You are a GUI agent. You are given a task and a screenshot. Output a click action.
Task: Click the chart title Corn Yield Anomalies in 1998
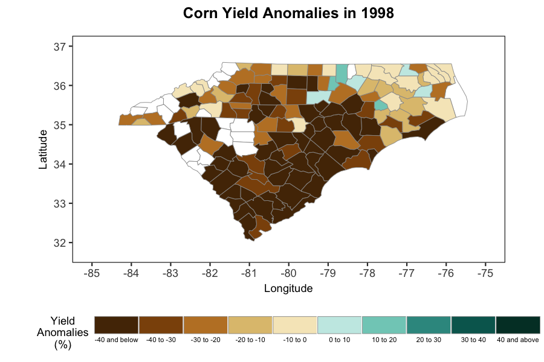(288, 13)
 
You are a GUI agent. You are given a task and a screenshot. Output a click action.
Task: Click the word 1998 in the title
(375, 13)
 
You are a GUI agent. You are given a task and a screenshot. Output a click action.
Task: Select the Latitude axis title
(43, 148)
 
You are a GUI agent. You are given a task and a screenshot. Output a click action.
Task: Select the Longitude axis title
(288, 288)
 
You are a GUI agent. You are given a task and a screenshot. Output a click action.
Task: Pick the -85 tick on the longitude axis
(92, 273)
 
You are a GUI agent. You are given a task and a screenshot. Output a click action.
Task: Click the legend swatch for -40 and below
(117, 324)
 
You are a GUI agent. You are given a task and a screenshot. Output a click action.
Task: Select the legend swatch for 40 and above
(518, 324)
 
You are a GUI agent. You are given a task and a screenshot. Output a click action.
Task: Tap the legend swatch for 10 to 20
(384, 324)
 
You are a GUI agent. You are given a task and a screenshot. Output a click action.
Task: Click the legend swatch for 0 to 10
(339, 324)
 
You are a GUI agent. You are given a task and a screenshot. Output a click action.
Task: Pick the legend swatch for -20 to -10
(250, 324)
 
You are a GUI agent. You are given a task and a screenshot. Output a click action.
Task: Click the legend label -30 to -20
(206, 340)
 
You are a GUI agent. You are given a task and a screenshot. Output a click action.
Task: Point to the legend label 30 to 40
(473, 340)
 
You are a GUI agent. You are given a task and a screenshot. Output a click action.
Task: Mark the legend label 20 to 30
(429, 340)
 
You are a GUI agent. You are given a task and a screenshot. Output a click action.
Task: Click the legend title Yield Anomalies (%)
(63, 332)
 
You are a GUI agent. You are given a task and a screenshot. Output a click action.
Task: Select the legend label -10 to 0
(295, 340)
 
